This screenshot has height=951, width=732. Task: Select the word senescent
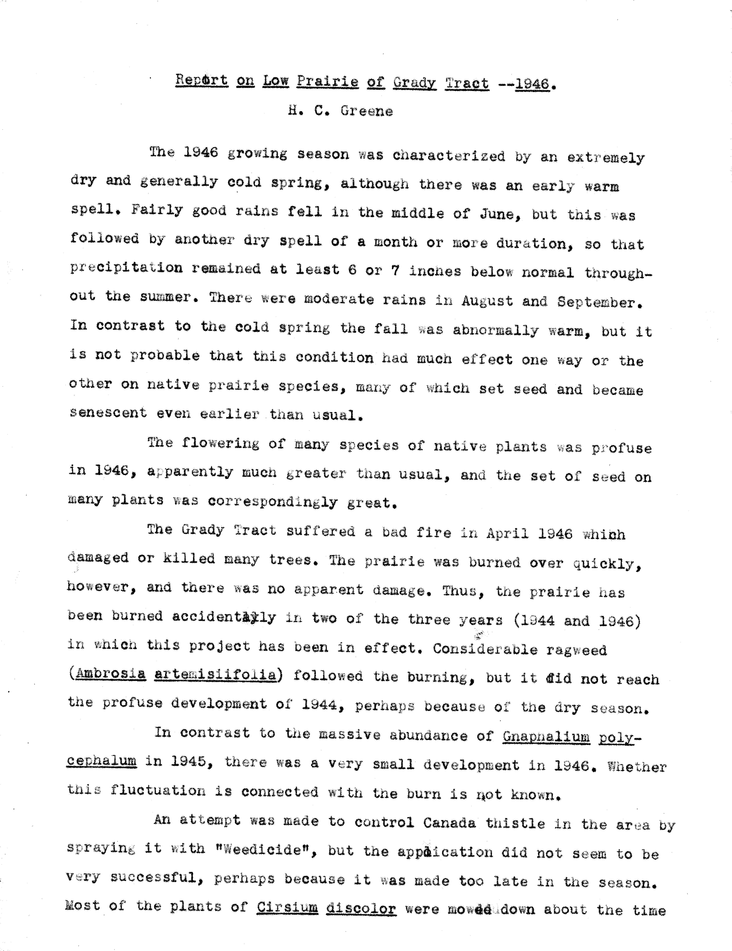click(108, 412)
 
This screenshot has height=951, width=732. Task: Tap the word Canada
click(449, 823)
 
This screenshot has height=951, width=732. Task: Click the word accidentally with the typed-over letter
click(224, 617)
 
